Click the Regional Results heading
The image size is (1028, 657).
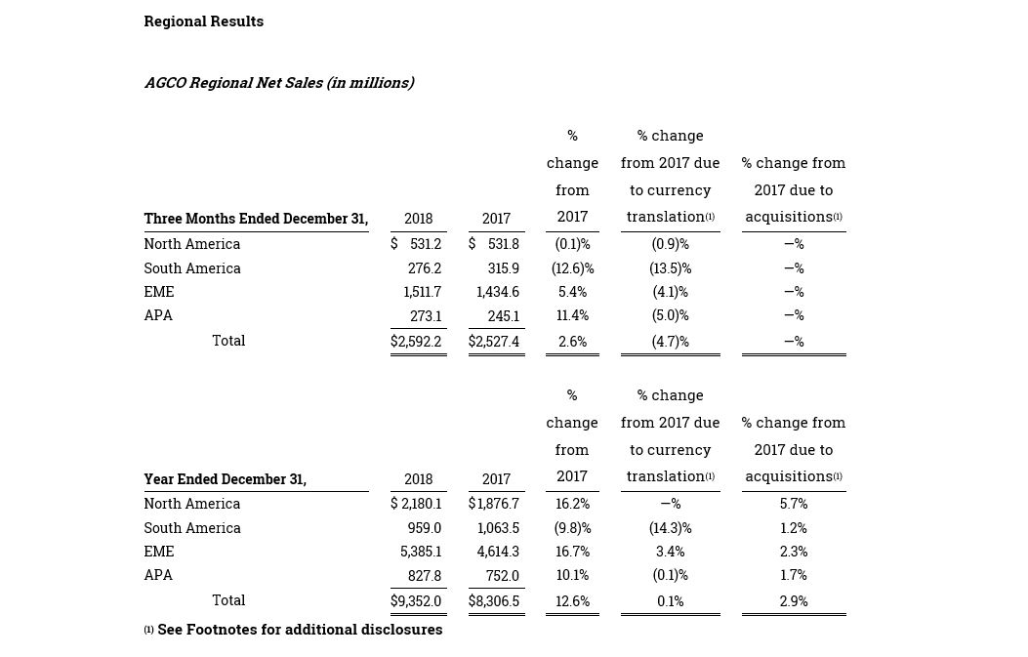[204, 21]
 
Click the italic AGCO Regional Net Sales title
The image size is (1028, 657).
[279, 83]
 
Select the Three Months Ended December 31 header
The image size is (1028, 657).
[257, 219]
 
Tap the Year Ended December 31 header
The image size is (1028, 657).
[226, 479]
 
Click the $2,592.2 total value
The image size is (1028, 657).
[416, 342]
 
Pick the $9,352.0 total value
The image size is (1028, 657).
[416, 601]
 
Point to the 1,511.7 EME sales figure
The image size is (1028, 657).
[422, 292]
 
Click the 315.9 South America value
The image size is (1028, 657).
[504, 268]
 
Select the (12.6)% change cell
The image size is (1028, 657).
[572, 268]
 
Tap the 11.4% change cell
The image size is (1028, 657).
[572, 315]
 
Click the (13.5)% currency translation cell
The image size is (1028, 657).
[670, 268]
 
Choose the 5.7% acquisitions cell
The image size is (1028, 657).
[794, 504]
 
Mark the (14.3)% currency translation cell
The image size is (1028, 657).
[670, 528]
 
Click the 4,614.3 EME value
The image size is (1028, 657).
[498, 552]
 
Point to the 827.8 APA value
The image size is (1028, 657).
[424, 576]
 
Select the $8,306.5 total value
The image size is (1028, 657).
[494, 601]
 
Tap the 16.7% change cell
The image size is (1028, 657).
[572, 552]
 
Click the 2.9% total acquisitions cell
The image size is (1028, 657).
[794, 601]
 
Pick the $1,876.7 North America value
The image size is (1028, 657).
[494, 504]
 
